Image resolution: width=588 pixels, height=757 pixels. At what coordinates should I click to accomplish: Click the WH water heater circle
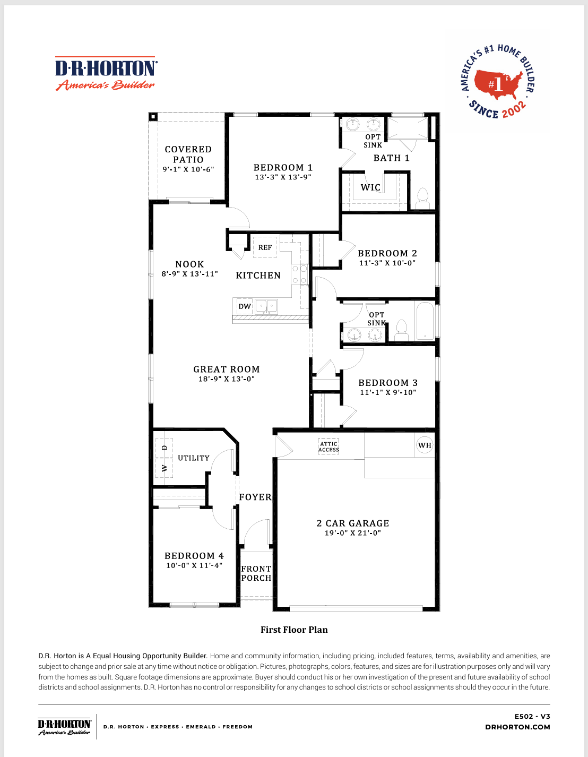[x=425, y=445]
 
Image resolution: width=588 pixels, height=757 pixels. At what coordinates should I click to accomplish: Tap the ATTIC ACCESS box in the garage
[x=328, y=446]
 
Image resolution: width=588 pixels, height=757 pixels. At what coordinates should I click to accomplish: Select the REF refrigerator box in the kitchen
[x=265, y=247]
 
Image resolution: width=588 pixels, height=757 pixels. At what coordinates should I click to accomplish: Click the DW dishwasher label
[x=245, y=306]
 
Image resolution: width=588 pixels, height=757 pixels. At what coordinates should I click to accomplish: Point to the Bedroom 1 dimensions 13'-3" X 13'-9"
[x=283, y=177]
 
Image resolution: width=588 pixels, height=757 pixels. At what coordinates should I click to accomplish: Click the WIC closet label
[x=370, y=187]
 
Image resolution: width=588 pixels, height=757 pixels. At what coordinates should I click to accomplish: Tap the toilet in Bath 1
[x=422, y=199]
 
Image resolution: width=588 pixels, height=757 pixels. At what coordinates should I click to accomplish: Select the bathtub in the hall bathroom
[x=425, y=321]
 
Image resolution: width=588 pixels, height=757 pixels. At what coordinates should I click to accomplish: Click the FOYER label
[x=255, y=497]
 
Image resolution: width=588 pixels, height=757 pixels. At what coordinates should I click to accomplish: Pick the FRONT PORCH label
[x=256, y=573]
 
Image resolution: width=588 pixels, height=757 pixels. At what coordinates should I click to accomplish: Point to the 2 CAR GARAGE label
[x=353, y=523]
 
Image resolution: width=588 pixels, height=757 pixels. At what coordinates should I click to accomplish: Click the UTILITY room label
[x=194, y=458]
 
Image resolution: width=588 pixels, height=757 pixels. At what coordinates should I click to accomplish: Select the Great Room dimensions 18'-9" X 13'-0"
[x=227, y=379]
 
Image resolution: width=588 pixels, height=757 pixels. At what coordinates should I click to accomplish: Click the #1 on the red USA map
[x=495, y=84]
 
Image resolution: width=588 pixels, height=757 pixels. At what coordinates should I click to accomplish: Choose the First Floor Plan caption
[x=294, y=630]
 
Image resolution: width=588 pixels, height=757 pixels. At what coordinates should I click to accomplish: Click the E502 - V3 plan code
[x=532, y=716]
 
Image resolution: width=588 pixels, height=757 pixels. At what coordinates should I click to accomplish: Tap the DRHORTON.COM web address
[x=517, y=727]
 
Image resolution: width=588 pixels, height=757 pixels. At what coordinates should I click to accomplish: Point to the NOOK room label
[x=190, y=264]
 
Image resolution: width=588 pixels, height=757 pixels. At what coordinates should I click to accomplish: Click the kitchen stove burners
[x=300, y=274]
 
